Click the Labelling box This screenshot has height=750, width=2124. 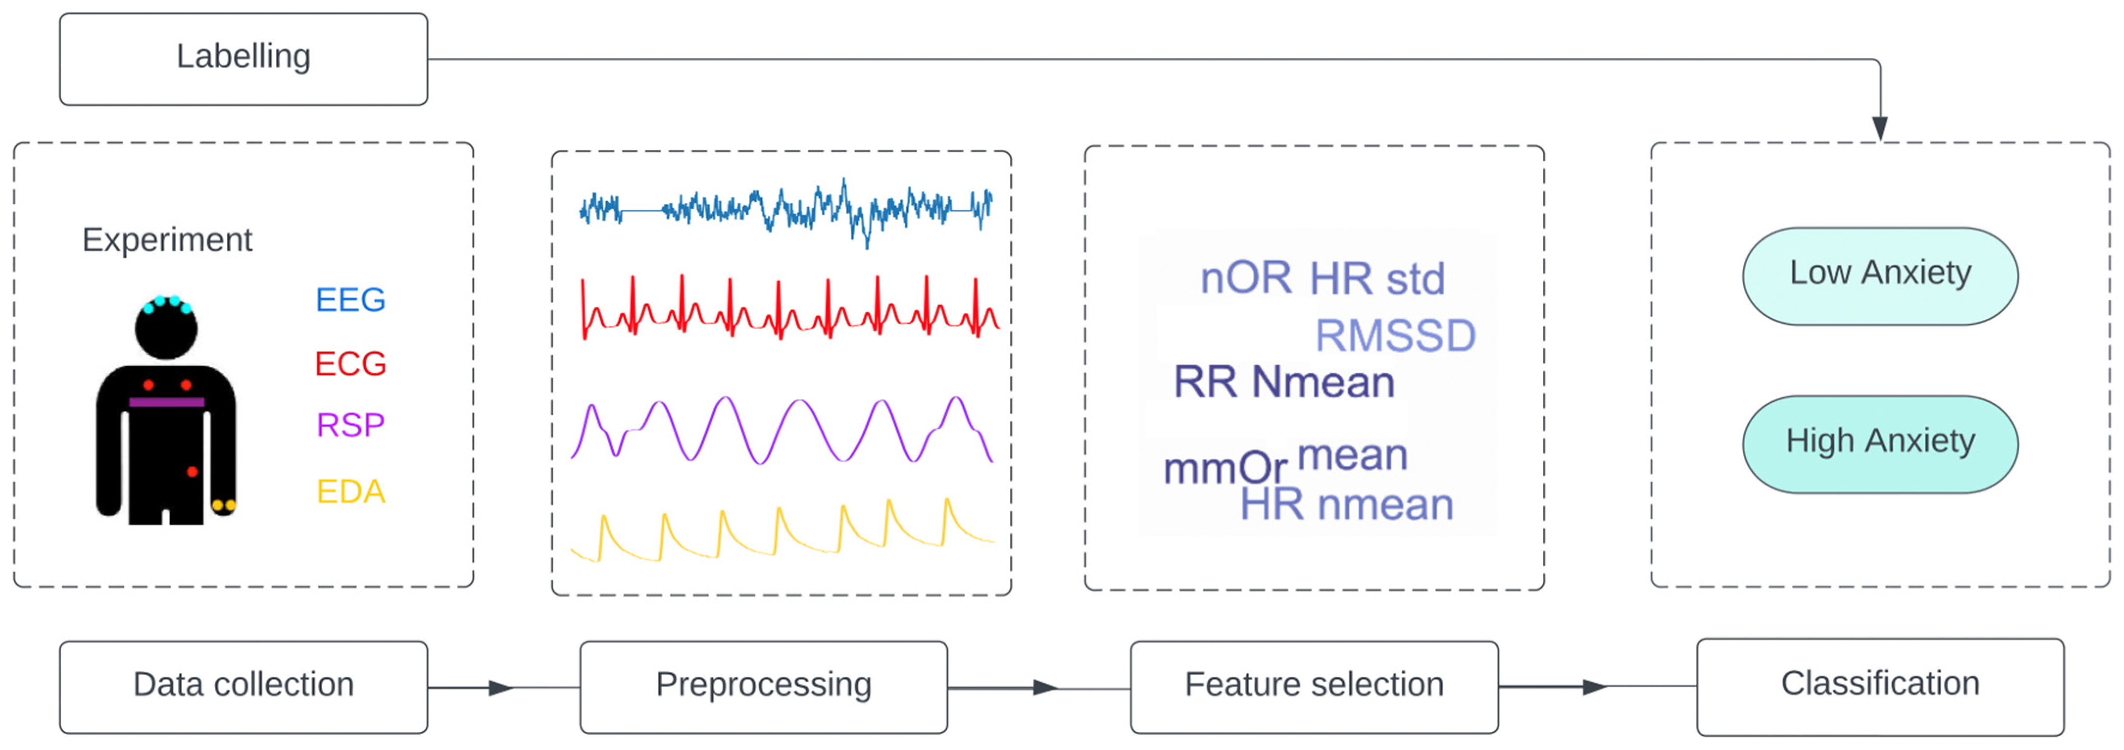point(243,58)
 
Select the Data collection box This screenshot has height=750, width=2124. point(243,686)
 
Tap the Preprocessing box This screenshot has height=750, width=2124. point(763,686)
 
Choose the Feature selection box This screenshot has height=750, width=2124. point(1314,686)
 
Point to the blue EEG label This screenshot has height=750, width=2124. point(350,300)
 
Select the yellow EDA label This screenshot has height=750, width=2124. point(350,492)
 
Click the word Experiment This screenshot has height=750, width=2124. point(167,240)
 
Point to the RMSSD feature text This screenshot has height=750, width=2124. point(1395,336)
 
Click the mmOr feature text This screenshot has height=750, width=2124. point(1224,469)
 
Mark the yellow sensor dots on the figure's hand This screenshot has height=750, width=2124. point(223,505)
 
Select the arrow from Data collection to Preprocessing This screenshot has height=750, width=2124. point(500,687)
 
